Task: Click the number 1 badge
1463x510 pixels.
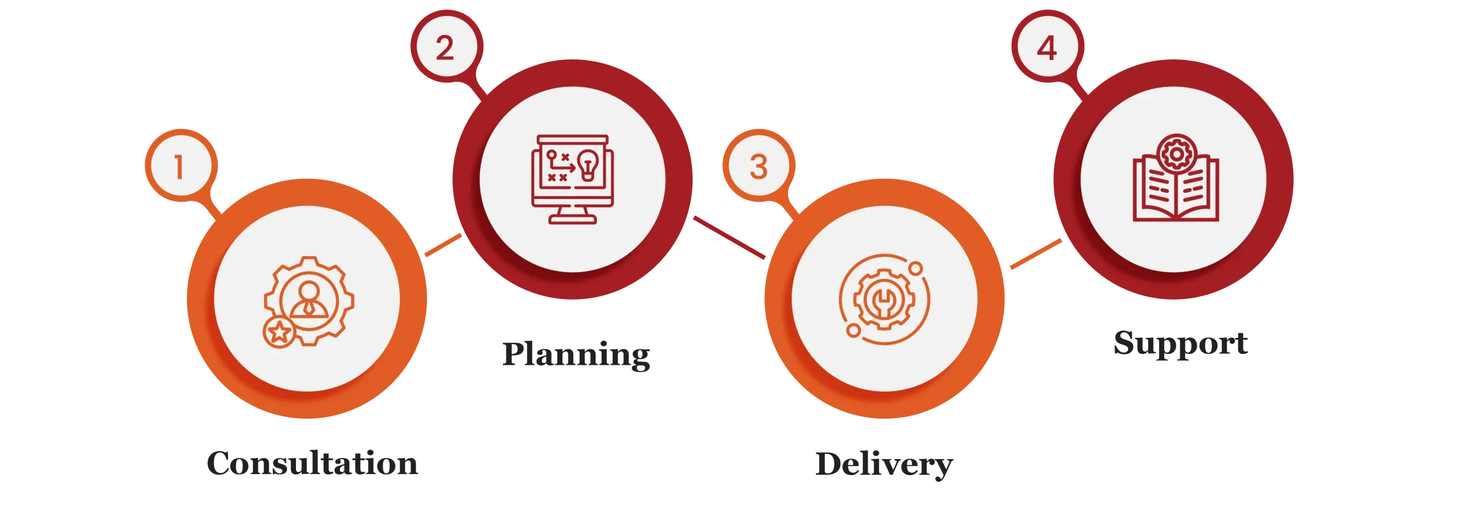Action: click(x=179, y=167)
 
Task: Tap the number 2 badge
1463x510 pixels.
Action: click(x=445, y=47)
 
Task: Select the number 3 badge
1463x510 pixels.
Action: click(x=758, y=166)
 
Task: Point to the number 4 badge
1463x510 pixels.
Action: click(x=1047, y=48)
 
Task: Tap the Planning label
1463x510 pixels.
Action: click(x=576, y=353)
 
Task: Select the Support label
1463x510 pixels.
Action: click(x=1178, y=344)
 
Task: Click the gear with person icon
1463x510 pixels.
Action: click(x=308, y=301)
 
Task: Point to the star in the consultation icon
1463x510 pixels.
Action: click(x=279, y=332)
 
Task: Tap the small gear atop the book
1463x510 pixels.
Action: click(x=1176, y=154)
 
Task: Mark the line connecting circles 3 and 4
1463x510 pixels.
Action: click(x=1036, y=255)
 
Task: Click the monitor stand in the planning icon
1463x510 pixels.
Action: click(x=572, y=216)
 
